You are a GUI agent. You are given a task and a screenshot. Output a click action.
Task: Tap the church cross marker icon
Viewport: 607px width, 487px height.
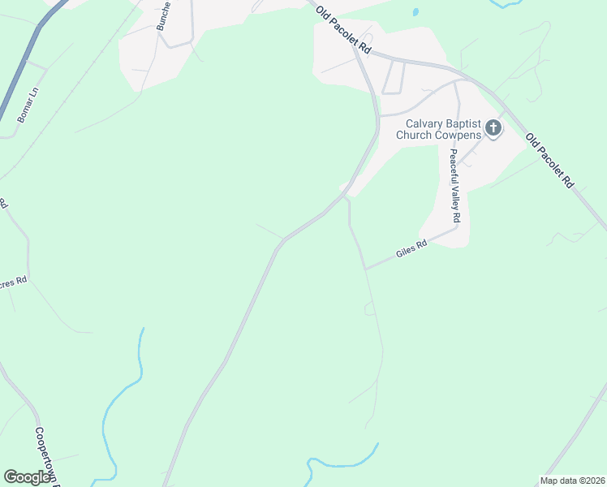(493, 127)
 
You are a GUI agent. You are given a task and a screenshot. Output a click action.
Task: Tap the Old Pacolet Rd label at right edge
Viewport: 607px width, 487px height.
(550, 162)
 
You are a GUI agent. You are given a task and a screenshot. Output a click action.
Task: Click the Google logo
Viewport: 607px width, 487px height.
(27, 477)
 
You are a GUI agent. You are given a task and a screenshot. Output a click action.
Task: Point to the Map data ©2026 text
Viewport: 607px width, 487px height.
(572, 481)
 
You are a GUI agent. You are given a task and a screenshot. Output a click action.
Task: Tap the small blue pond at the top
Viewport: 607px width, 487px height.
(415, 12)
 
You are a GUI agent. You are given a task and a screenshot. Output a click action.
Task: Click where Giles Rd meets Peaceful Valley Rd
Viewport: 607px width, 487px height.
(458, 227)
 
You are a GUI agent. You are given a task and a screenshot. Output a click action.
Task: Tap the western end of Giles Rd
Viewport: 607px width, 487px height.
(366, 269)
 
